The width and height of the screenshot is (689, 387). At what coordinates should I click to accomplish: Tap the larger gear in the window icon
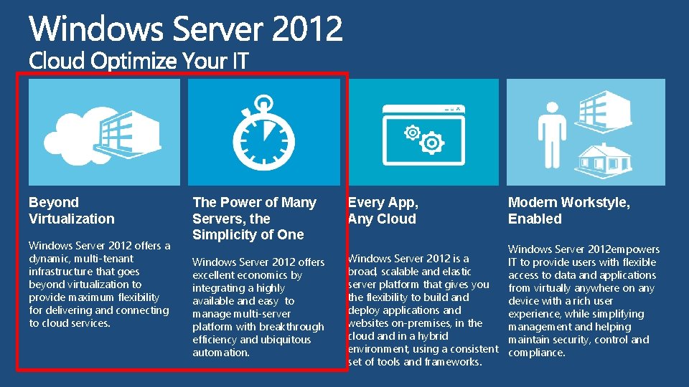[431, 144]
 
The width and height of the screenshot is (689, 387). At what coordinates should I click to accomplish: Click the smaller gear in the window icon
[413, 133]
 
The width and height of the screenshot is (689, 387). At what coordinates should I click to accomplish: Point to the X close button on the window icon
[458, 109]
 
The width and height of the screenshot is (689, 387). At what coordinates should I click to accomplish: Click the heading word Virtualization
[72, 219]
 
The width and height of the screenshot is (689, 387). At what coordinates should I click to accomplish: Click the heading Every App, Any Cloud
[383, 211]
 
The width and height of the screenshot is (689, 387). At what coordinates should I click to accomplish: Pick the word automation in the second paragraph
[221, 353]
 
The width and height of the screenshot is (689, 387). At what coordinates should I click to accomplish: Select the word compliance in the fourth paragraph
[537, 353]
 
